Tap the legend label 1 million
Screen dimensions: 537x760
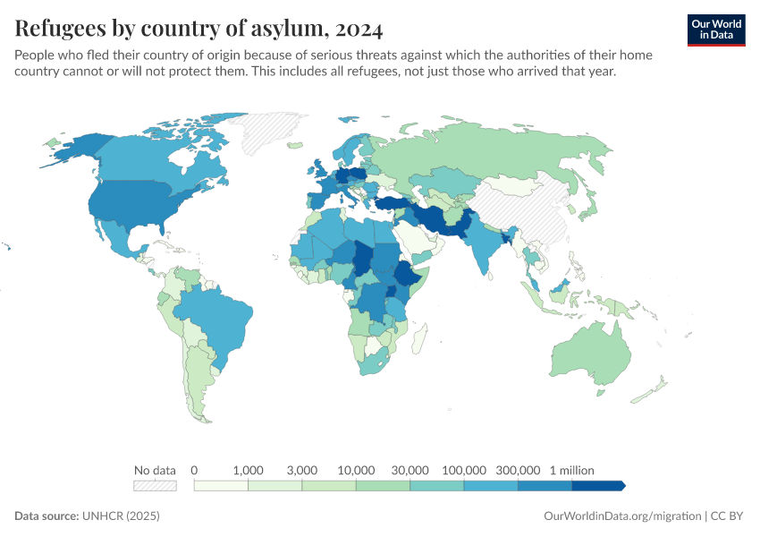point(571,470)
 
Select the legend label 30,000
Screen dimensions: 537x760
point(410,470)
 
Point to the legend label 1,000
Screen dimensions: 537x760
point(248,470)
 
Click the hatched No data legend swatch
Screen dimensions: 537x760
point(155,485)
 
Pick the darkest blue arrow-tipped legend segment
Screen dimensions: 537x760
point(597,485)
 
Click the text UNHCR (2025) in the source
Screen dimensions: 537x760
point(121,516)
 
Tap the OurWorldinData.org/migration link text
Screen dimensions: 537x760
point(622,516)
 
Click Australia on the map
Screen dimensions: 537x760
point(590,354)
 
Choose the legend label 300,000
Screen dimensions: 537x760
point(519,470)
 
